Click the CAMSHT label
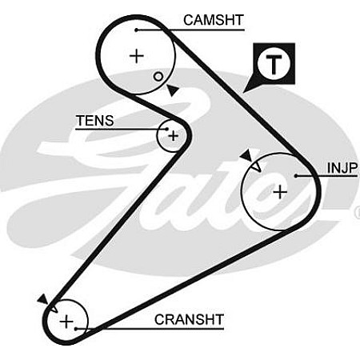(214, 20)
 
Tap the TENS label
(94, 121)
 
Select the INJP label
(342, 168)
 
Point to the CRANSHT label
(189, 319)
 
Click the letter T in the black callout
(274, 64)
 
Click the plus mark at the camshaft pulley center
(137, 56)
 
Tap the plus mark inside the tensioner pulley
(174, 136)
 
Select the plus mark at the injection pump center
(280, 192)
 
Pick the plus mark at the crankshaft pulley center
(66, 322)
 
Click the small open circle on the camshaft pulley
(158, 77)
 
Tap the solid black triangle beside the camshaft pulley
(173, 90)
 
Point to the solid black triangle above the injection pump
(246, 155)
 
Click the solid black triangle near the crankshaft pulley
(43, 299)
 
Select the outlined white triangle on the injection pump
(256, 166)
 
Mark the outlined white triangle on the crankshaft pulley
(53, 308)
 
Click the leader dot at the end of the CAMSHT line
(136, 30)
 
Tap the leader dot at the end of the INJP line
(296, 176)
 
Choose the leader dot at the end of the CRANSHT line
(76, 329)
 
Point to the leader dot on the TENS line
(167, 129)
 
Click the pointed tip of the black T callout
(243, 93)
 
